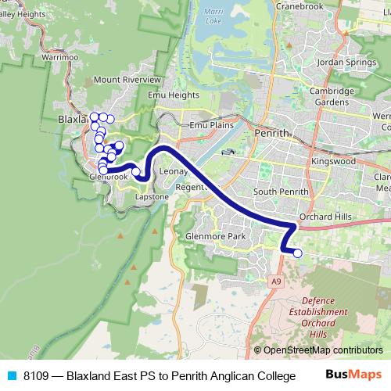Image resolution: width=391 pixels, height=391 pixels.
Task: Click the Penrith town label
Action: pyautogui.click(x=271, y=133)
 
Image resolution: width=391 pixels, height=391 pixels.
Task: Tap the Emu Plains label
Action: pyautogui.click(x=212, y=124)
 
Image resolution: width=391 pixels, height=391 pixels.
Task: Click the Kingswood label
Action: pyautogui.click(x=332, y=161)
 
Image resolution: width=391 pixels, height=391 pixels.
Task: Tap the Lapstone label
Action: pyautogui.click(x=152, y=197)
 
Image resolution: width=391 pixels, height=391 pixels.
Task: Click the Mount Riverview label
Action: pyautogui.click(x=127, y=80)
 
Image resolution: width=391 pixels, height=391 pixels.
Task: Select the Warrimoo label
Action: pyautogui.click(x=61, y=57)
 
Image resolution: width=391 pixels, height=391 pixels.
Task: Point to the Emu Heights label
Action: pyautogui.click(x=173, y=95)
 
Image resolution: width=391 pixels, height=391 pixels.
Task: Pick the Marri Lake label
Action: pyautogui.click(x=213, y=16)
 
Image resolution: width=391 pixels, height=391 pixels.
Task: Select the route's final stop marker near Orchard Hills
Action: pyautogui.click(x=297, y=253)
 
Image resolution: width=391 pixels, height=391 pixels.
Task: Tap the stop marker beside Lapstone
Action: pyautogui.click(x=136, y=172)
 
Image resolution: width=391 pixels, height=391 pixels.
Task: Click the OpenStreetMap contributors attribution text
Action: pyautogui.click(x=318, y=350)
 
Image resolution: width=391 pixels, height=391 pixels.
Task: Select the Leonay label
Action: pyautogui.click(x=174, y=171)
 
